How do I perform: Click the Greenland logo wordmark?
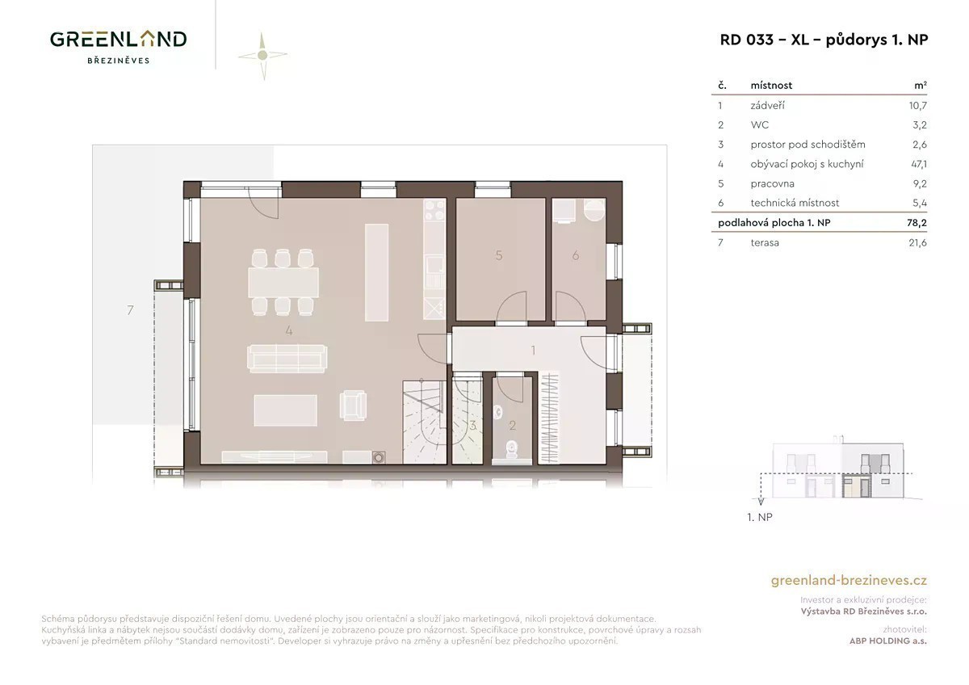point(118,40)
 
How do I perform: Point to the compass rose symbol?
point(262,56)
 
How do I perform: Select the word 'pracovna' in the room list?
point(772,184)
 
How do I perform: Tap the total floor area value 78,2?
point(917,223)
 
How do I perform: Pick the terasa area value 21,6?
point(917,243)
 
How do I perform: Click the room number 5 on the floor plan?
point(499,256)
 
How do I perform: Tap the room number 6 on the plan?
point(575,256)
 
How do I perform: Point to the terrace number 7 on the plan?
point(130,310)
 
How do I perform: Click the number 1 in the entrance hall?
point(533,350)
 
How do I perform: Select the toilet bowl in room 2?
point(512,450)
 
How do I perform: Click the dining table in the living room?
point(283,282)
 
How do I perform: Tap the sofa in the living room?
point(287,359)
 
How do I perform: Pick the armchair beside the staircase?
point(353,405)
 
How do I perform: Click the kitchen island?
point(376,272)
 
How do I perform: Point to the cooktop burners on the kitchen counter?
point(434,211)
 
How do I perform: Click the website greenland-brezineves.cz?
point(849,580)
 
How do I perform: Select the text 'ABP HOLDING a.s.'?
point(887,641)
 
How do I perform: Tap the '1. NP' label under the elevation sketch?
point(760,517)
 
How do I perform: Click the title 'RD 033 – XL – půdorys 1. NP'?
point(824,40)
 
